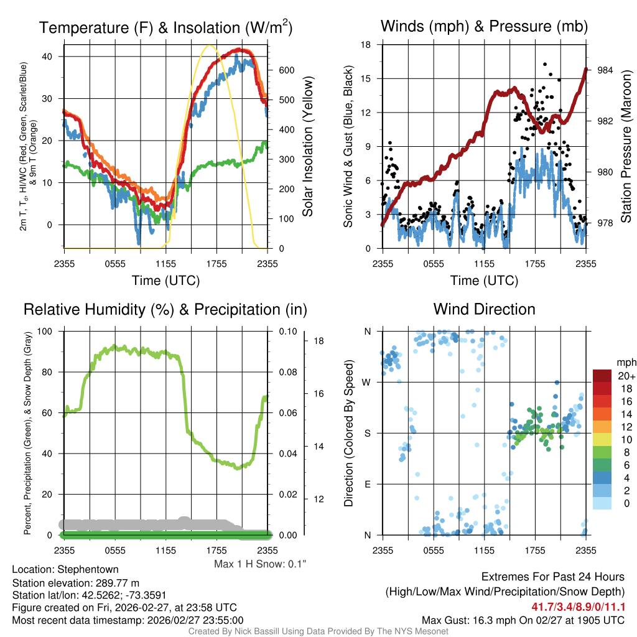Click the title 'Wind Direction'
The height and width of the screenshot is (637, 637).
point(484,309)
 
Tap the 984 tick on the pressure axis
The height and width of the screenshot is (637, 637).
point(605,70)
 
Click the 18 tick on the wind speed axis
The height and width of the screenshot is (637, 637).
point(366,45)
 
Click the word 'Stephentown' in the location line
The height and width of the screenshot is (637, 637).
point(88,569)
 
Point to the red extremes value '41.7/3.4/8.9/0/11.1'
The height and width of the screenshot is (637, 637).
point(578,607)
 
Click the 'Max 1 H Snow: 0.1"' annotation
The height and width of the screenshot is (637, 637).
point(260,564)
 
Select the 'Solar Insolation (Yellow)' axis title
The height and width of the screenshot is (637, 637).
point(307,147)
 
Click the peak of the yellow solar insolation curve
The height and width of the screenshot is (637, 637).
point(210,45)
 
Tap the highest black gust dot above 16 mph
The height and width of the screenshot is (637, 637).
point(545,64)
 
